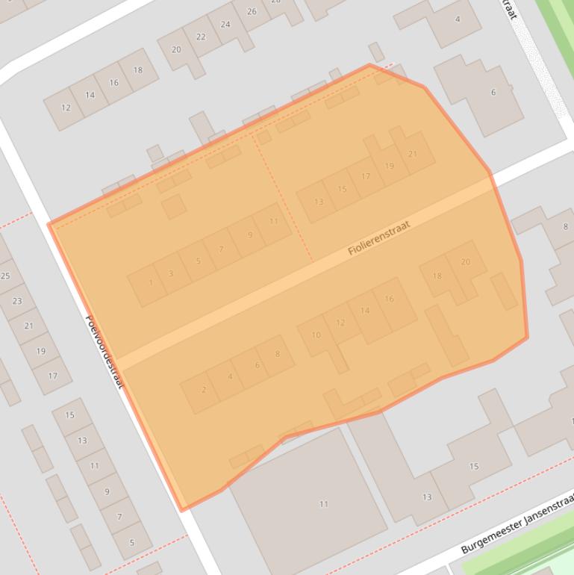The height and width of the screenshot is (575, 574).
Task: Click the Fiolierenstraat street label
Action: click(x=379, y=237)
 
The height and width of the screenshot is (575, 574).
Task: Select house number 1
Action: click(x=151, y=282)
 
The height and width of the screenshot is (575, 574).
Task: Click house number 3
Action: click(x=171, y=273)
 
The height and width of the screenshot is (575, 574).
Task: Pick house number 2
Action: click(x=204, y=389)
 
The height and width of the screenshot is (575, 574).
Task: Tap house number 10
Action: click(x=316, y=335)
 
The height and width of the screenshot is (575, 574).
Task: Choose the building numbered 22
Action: click(x=201, y=37)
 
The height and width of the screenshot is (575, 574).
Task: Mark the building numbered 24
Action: click(x=225, y=24)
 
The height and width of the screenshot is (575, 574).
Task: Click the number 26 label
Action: click(x=252, y=11)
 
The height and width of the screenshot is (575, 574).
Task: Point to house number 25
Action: click(x=5, y=276)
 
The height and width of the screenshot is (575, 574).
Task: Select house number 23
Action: click(x=16, y=301)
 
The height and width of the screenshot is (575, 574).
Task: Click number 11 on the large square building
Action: click(x=324, y=504)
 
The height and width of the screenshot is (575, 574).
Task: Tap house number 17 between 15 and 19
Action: click(x=365, y=176)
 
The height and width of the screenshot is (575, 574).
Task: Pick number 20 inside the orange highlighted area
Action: click(x=466, y=261)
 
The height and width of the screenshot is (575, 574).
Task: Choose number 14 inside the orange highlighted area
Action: click(x=364, y=310)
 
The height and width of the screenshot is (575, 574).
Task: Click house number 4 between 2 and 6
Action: click(x=230, y=376)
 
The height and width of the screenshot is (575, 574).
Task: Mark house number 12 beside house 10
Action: click(x=340, y=323)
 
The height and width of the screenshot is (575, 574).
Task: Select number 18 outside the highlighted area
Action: click(x=137, y=70)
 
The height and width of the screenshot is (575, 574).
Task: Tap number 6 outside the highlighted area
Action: click(x=493, y=93)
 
